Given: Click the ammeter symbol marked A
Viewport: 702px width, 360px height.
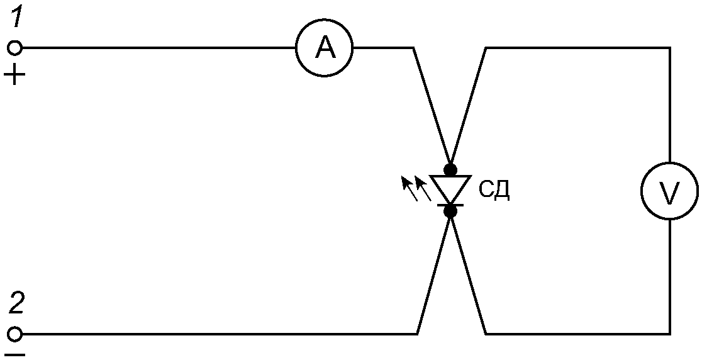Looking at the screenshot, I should (x=325, y=48).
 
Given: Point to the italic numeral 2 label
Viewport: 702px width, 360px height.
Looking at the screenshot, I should (x=17, y=305).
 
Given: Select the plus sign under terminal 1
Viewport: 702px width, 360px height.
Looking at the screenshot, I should (x=15, y=77).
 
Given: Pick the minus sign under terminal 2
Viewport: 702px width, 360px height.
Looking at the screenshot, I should (x=16, y=355).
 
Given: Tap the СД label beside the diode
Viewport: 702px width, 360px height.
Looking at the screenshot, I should (x=494, y=191).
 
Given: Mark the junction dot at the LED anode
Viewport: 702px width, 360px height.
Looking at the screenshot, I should (x=450, y=169).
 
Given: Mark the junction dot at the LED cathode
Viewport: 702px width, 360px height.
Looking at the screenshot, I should (x=450, y=211).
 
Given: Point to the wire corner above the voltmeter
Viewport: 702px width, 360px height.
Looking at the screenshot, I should (x=669, y=48).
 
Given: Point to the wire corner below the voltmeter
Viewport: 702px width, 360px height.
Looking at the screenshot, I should (x=669, y=333).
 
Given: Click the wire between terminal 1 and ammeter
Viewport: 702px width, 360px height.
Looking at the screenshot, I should (x=157, y=48).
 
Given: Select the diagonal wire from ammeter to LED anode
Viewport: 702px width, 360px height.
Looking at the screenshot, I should (x=432, y=107).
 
